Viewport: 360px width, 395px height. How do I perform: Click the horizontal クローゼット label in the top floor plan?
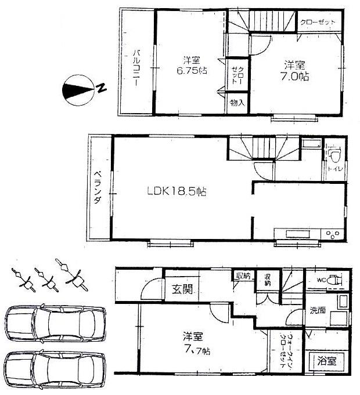[318, 22]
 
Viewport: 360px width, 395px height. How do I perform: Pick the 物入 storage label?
[237, 103]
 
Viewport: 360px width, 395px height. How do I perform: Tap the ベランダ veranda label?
[98, 189]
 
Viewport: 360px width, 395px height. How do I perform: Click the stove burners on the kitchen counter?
[333, 235]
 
